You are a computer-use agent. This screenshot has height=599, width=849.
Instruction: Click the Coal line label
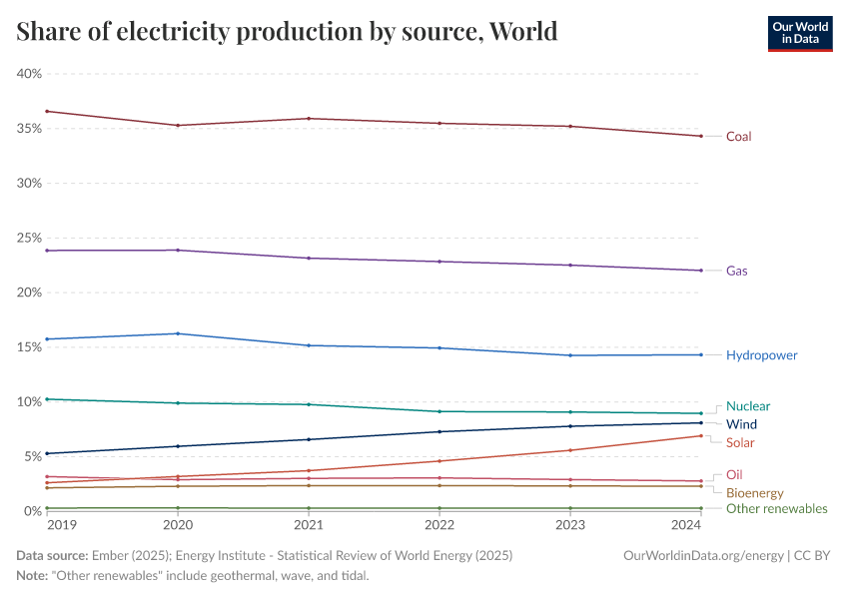[x=738, y=137]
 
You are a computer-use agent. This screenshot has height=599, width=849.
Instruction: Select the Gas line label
[x=736, y=272]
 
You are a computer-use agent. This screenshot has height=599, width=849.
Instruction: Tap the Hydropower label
[x=761, y=355]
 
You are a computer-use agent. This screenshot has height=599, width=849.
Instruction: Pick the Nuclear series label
[x=748, y=406]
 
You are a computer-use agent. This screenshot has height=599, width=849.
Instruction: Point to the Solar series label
[x=740, y=443]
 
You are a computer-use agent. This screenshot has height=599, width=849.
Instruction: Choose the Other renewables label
[x=776, y=509]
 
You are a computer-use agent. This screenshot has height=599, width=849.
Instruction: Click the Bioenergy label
[x=754, y=493]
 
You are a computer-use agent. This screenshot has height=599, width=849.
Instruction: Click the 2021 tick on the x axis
[x=309, y=525]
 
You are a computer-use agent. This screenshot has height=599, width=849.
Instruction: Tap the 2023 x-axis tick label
[x=570, y=525]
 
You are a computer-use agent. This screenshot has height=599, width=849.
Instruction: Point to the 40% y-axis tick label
[x=28, y=74]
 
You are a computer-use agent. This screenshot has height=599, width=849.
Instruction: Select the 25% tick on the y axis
[x=28, y=238]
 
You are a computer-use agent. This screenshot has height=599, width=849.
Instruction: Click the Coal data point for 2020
[x=178, y=126]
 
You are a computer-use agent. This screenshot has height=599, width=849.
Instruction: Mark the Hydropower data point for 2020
[x=178, y=333]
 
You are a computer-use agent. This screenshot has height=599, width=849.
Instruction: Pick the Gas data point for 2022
[x=439, y=262]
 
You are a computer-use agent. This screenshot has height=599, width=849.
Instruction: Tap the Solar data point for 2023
[x=570, y=450]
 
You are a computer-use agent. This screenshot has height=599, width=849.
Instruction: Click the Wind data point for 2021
[x=309, y=439]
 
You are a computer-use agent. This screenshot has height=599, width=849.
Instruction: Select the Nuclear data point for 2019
[x=47, y=399]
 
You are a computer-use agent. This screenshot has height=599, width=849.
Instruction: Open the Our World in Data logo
[x=799, y=33]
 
